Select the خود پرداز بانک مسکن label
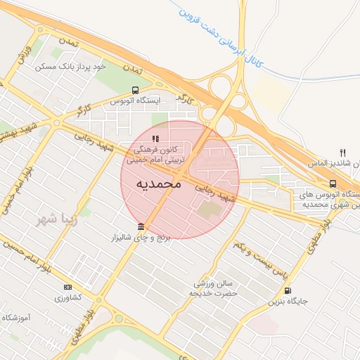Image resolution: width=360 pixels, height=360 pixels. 80,66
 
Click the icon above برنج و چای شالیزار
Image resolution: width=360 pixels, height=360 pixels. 141,226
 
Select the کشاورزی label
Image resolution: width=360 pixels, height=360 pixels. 67,297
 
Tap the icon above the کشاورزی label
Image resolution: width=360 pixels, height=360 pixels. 67,287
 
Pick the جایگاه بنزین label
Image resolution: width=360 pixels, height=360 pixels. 288,302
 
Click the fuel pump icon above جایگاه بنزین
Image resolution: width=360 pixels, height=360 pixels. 288,290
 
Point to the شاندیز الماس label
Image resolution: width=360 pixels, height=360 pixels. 333,163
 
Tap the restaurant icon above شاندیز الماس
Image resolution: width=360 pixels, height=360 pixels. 343,152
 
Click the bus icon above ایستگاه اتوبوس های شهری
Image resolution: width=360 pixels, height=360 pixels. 333,184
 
